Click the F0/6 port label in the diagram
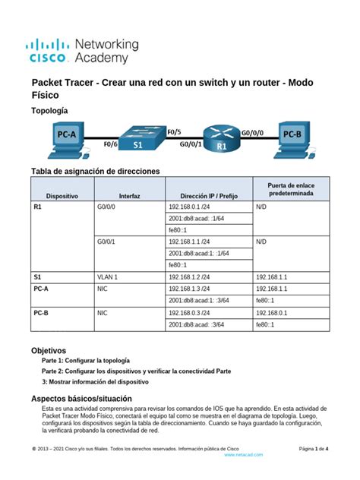(109, 143)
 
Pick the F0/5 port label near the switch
(173, 130)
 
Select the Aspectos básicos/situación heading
(81, 398)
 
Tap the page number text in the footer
(312, 448)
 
